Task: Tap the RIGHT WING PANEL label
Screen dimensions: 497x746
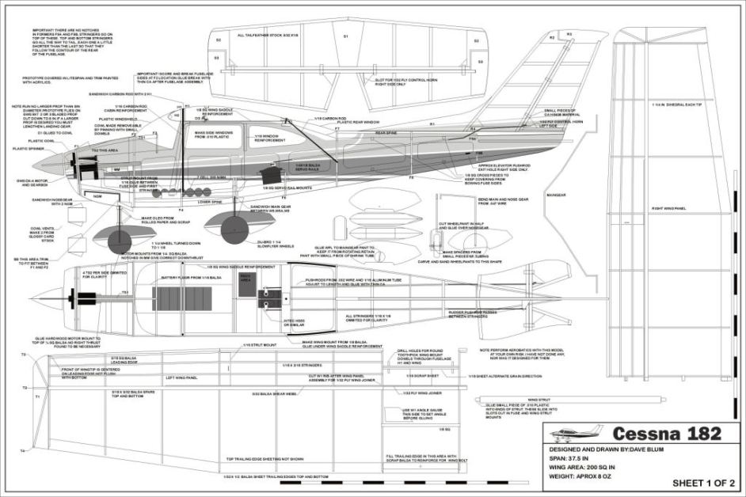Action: [x=667, y=208]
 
